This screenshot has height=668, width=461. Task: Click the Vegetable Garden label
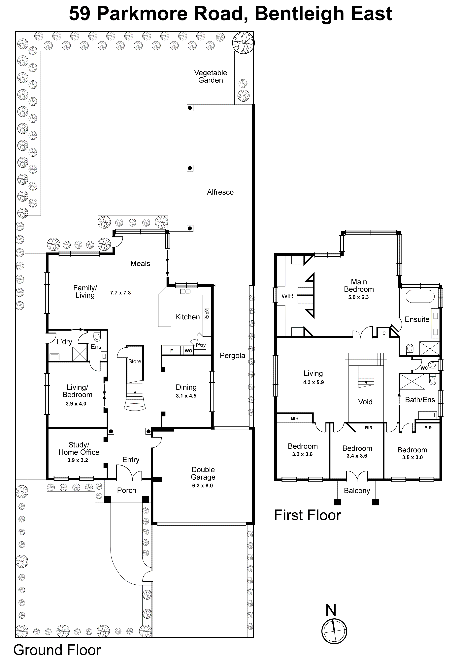[210, 76]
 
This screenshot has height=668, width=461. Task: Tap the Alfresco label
[220, 192]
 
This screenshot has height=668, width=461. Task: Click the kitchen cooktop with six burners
[207, 314]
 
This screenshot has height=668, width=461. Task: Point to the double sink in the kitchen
[185, 291]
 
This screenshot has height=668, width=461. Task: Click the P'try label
[200, 345]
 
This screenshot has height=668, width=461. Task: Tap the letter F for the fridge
[172, 351]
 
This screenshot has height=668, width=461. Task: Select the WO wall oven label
[188, 351]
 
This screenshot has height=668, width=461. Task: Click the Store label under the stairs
[135, 361]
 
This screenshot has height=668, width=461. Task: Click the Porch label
[126, 490]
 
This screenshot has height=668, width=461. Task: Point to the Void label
[365, 402]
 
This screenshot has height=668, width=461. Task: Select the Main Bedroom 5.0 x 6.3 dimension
[358, 297]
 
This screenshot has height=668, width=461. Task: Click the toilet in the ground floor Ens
[97, 336]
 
